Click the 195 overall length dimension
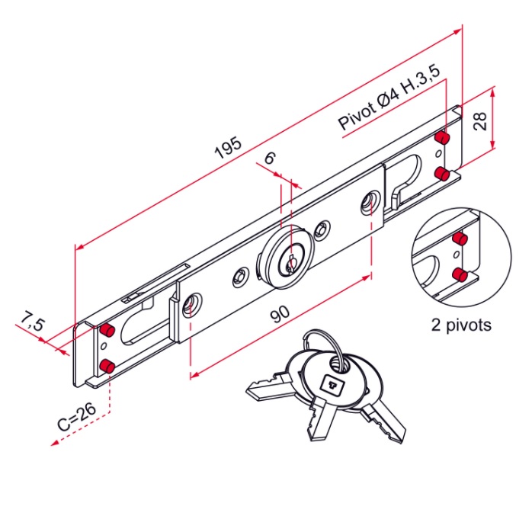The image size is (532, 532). click(x=228, y=149)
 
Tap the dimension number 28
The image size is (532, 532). click(x=479, y=120)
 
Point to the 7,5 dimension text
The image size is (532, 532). click(x=31, y=322)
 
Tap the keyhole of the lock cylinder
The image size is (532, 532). click(x=290, y=263)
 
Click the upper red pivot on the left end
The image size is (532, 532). click(x=107, y=329)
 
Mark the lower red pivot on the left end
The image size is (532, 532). click(x=107, y=366)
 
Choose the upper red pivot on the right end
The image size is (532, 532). click(x=441, y=138)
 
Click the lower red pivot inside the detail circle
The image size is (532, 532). click(x=460, y=274)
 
